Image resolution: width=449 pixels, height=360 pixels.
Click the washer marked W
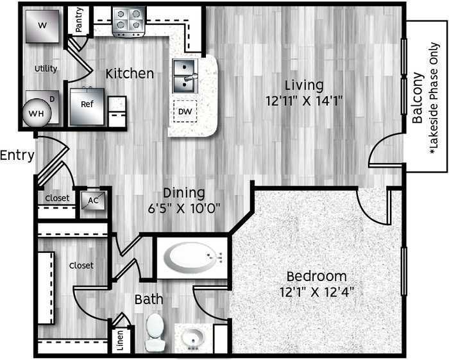pyautogui.click(x=42, y=26)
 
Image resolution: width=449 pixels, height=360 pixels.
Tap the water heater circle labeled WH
pyautogui.click(x=37, y=113)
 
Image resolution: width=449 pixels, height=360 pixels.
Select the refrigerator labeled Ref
pyautogui.click(x=87, y=107)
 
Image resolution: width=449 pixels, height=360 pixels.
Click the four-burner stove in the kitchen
pyautogui.click(x=128, y=22)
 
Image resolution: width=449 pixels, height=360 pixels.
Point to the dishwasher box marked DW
pyautogui.click(x=185, y=112)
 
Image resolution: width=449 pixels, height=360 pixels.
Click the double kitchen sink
pyautogui.click(x=185, y=76)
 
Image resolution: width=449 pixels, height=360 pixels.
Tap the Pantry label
pyautogui.click(x=78, y=19)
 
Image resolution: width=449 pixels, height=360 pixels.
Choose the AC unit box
pyautogui.click(x=93, y=200)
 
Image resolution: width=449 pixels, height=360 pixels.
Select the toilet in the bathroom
pyautogui.click(x=155, y=332)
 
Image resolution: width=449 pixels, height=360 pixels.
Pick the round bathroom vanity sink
pyautogui.click(x=193, y=339)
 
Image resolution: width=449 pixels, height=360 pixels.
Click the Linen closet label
pyautogui.click(x=121, y=341)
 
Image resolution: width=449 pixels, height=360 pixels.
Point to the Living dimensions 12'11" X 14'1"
pyautogui.click(x=305, y=101)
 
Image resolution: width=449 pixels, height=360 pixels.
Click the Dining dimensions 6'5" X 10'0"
pyautogui.click(x=184, y=208)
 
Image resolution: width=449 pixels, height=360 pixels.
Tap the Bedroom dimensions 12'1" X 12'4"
pyautogui.click(x=317, y=292)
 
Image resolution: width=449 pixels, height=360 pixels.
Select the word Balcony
pyautogui.click(x=418, y=98)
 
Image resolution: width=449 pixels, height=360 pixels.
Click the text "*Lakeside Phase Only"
pyautogui.click(x=434, y=98)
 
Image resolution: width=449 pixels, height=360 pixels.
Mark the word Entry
pyautogui.click(x=17, y=155)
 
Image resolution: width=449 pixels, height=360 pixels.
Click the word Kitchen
pyautogui.click(x=130, y=74)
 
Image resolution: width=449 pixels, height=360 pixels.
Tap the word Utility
pyautogui.click(x=46, y=69)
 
